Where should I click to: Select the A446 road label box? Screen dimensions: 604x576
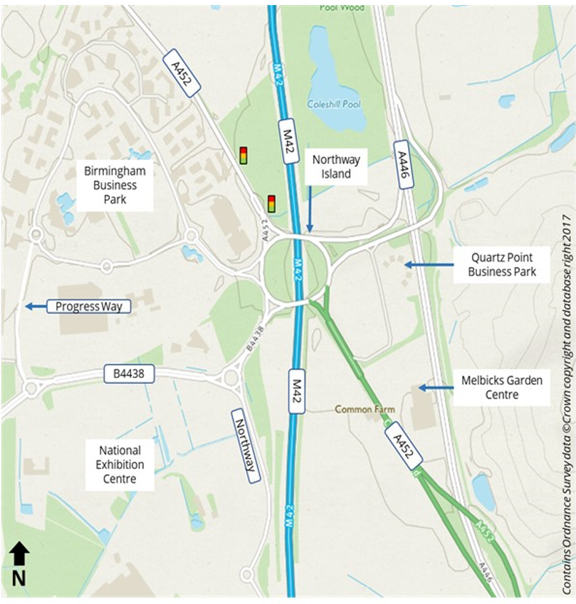[x=404, y=164]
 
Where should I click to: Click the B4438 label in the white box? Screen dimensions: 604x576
[x=130, y=373]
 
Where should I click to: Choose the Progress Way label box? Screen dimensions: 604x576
[x=89, y=307]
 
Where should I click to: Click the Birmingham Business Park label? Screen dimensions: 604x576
[x=115, y=185]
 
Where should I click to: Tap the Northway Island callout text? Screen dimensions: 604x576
[x=336, y=167]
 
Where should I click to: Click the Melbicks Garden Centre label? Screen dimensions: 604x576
[x=501, y=388]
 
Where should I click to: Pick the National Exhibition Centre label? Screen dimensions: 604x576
[x=120, y=465]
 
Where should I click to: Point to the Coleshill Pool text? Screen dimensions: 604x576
[x=333, y=104]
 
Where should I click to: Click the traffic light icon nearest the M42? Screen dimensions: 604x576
[x=271, y=203]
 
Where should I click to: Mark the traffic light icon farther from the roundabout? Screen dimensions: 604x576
[x=244, y=155]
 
